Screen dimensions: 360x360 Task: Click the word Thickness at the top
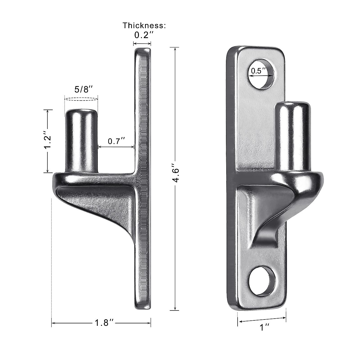click(144, 25)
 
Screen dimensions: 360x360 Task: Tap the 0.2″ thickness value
click(144, 35)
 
